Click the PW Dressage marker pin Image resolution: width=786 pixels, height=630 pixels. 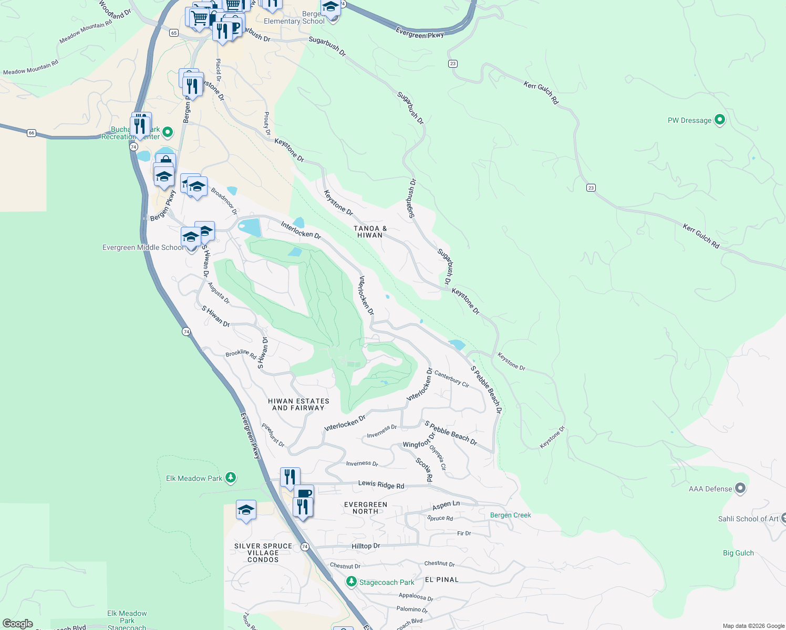point(720,120)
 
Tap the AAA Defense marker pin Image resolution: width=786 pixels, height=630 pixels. point(740,488)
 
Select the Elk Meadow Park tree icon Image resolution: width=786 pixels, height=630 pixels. point(230,478)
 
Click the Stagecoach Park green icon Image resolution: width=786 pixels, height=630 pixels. point(351,582)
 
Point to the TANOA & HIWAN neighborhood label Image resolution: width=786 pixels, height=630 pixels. point(370,232)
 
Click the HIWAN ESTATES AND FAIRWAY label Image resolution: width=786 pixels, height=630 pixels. point(298,404)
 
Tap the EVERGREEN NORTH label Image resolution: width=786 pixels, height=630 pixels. point(366,508)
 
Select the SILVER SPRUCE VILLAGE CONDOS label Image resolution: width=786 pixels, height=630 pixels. point(263,553)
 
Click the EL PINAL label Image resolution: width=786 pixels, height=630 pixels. point(441,580)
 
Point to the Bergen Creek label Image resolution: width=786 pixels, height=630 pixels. point(510,515)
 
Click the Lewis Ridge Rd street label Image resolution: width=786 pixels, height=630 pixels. point(381,485)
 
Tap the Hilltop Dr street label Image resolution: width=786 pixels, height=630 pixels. point(366,546)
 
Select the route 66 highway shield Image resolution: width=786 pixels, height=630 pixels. point(32,133)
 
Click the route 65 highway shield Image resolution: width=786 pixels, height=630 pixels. point(174,33)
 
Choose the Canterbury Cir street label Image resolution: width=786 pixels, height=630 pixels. point(451,379)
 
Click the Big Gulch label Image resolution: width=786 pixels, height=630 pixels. point(738,553)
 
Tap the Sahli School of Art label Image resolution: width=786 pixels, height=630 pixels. point(748,519)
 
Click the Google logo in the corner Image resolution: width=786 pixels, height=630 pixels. point(17,624)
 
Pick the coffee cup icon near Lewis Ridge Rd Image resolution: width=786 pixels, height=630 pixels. point(304,493)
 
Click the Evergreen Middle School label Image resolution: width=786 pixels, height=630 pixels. point(143,247)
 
